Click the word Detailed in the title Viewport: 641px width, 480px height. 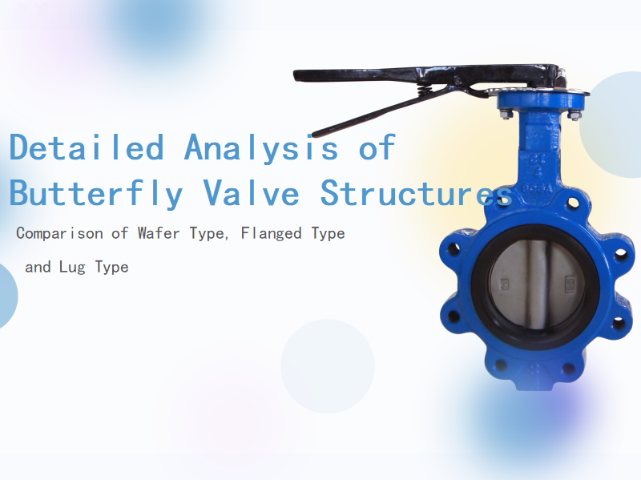pos(86,147)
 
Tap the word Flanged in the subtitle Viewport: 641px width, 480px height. pos(262,234)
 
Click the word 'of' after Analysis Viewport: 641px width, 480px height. pos(376,147)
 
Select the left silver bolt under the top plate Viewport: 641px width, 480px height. pos(506,115)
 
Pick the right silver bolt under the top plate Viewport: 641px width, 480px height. pos(574,115)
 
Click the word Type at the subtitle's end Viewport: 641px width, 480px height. pos(111,267)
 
